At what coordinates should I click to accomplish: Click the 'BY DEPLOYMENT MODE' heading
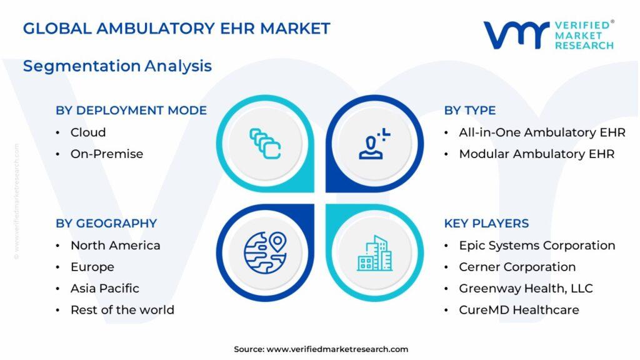pyautogui.click(x=131, y=110)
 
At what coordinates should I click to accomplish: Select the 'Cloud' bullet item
pyautogui.click(x=88, y=132)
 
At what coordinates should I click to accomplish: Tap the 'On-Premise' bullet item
pyautogui.click(x=107, y=154)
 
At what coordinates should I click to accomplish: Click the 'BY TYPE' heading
pyautogui.click(x=470, y=110)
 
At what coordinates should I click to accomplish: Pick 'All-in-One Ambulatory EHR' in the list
pyautogui.click(x=542, y=132)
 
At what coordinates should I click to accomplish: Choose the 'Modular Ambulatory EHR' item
pyautogui.click(x=537, y=154)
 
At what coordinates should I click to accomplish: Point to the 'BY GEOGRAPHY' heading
pyautogui.click(x=106, y=223)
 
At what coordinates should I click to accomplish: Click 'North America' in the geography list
pyautogui.click(x=116, y=245)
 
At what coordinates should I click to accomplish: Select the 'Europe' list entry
pyautogui.click(x=92, y=267)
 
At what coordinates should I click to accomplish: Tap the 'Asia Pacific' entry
pyautogui.click(x=105, y=288)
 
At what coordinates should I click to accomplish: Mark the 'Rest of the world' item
pyautogui.click(x=122, y=310)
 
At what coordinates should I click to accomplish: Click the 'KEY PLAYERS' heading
pyautogui.click(x=486, y=223)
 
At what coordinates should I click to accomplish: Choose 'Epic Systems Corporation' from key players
pyautogui.click(x=537, y=245)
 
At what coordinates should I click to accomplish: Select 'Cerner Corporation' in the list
pyautogui.click(x=517, y=267)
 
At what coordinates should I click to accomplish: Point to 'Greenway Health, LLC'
pyautogui.click(x=526, y=288)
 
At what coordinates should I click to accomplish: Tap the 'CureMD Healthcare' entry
pyautogui.click(x=519, y=310)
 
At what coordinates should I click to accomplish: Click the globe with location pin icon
pyautogui.click(x=265, y=252)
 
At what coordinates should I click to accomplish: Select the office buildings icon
pyautogui.click(x=375, y=253)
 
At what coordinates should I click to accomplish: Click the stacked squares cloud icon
pyautogui.click(x=265, y=144)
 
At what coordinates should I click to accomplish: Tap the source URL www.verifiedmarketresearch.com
pyautogui.click(x=337, y=349)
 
